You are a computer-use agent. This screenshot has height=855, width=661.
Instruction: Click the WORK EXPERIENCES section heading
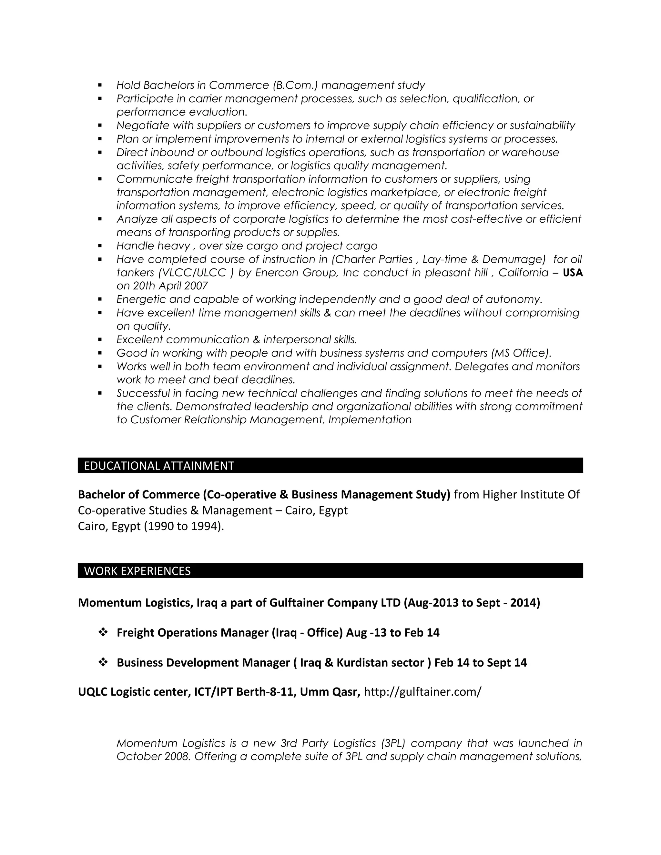point(137,571)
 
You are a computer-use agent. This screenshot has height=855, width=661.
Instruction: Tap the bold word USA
point(573,273)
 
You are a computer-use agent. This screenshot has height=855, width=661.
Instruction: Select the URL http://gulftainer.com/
point(422,692)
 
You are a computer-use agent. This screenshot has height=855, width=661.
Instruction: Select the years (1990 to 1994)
point(184,526)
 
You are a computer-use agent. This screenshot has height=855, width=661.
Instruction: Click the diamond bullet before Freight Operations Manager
point(103,632)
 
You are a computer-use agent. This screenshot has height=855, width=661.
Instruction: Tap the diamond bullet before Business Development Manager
point(103,662)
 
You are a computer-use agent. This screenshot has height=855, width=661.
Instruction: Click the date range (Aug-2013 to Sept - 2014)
point(472,602)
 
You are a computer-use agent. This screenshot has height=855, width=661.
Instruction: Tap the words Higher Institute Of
point(531,495)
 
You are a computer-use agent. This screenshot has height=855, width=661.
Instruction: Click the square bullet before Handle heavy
point(100,246)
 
